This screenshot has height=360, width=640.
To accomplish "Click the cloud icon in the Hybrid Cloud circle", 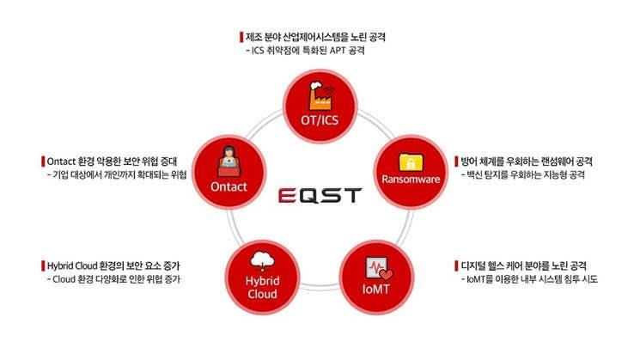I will pyautogui.click(x=263, y=259).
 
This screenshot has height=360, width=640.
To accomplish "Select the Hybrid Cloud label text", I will pyautogui.click(x=263, y=286).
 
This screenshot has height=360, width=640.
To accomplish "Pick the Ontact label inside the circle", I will pyautogui.click(x=229, y=185).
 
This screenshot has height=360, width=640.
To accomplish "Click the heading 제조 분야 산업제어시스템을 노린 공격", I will pyautogui.click(x=315, y=37).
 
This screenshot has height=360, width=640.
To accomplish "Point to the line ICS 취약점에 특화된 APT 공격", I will pyautogui.click(x=305, y=52).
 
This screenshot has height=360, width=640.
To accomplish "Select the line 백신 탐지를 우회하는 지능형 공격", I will pyautogui.click(x=523, y=176).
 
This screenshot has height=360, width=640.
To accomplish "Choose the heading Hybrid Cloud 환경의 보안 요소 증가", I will pyautogui.click(x=116, y=265).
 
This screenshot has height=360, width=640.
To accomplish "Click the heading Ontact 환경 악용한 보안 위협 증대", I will pyautogui.click(x=116, y=161).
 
